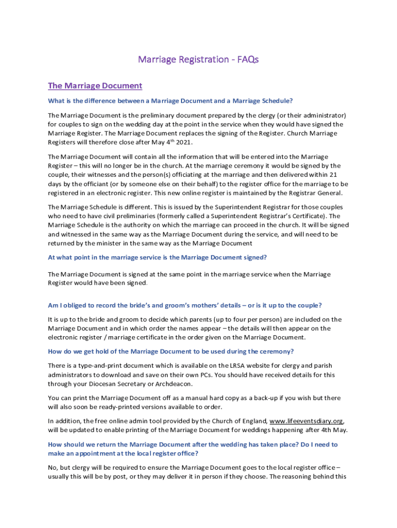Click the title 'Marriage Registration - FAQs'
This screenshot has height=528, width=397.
[x=198, y=59]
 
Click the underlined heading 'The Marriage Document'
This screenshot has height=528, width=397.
[x=95, y=86]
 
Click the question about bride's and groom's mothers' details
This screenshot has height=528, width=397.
[x=185, y=305]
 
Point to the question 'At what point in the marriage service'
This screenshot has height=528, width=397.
[x=157, y=257]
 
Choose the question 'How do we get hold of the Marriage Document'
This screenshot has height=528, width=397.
[x=171, y=352]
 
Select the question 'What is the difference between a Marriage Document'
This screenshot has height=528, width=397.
[x=170, y=101]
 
